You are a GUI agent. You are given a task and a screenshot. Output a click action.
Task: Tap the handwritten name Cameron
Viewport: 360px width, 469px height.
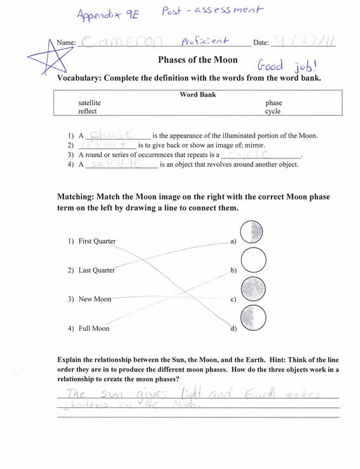121,42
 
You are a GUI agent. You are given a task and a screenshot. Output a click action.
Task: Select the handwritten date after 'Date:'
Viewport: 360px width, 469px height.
303,42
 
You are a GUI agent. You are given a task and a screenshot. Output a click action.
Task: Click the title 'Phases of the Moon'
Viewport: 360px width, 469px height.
198,60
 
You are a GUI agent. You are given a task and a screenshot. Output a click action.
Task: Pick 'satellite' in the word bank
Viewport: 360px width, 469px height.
90,102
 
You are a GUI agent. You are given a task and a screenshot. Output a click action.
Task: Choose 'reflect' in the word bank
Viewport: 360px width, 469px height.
87,111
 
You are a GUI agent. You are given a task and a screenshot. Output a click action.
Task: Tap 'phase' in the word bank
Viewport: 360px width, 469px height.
274,102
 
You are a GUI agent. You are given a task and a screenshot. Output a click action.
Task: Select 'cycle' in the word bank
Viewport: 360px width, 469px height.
273,111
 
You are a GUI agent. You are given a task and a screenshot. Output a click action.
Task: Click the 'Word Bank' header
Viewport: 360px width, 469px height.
198,94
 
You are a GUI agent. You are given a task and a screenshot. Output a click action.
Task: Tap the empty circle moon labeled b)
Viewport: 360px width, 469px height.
253,260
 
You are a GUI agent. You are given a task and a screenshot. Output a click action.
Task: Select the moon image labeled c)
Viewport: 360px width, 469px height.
253,289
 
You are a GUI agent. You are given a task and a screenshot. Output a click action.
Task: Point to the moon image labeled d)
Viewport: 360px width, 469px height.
253,318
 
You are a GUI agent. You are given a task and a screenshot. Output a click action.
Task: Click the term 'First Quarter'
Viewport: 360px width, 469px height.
97,241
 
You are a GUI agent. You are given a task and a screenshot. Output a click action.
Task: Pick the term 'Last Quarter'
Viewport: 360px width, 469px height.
97,270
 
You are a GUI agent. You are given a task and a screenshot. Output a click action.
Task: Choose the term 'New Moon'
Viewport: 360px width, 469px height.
95,299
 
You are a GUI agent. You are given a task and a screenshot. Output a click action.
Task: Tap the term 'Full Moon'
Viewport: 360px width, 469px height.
94,328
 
